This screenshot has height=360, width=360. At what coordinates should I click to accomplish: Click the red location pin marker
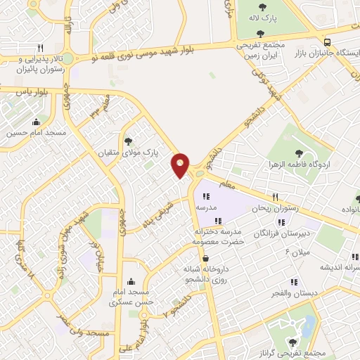pyautogui.click(x=181, y=165)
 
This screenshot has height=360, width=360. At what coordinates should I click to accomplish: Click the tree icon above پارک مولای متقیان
pyautogui.click(x=127, y=141)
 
